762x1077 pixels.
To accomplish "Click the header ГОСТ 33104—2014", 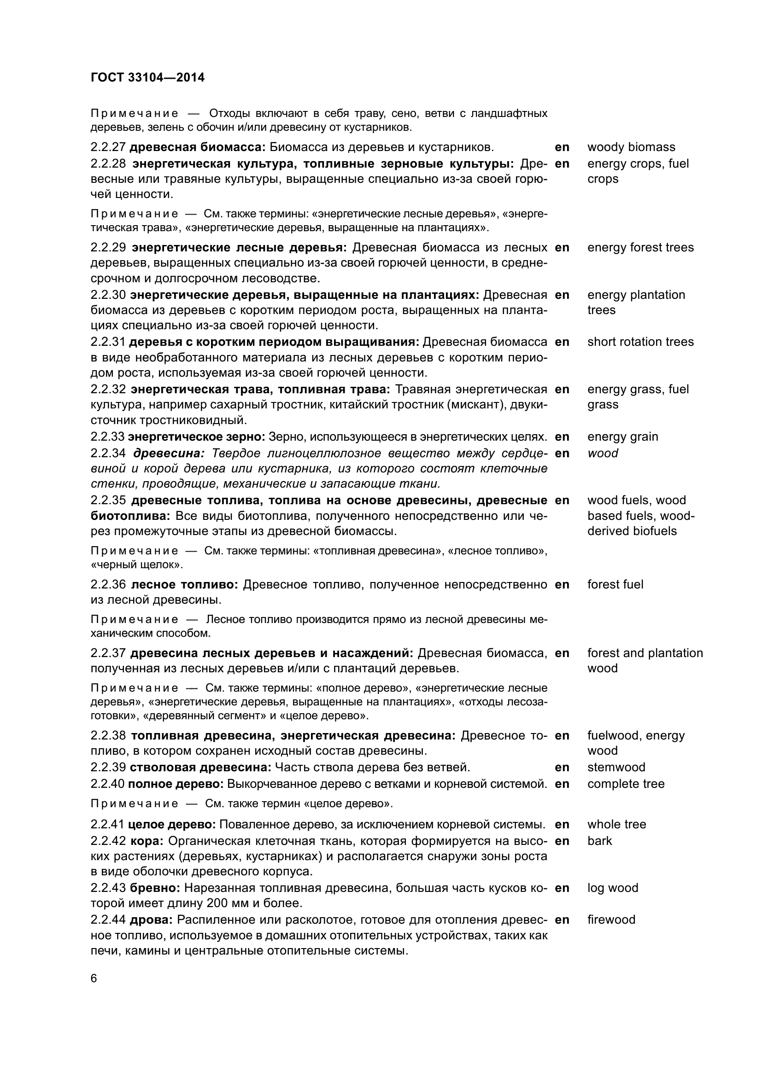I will pos(148,77).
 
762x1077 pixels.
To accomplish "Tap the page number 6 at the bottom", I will pos(94,979).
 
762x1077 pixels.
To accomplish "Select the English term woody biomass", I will pos(631,147).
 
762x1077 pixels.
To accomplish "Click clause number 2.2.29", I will pos(108,248).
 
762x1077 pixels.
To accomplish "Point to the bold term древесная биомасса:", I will pos(198,147).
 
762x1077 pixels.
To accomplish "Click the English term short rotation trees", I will pos(640,342).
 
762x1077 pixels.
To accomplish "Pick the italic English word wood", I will pos(603,453).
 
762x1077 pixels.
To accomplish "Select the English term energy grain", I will pos(623,437).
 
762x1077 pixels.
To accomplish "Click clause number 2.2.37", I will pos(108,653).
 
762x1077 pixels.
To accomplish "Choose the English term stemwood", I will pos(616,768).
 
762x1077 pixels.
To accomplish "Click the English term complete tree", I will pos(626,784).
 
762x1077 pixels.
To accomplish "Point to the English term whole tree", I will pos(616,824).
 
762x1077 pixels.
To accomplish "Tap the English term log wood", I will pos(613,888).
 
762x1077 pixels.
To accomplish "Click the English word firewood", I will pos(611,920).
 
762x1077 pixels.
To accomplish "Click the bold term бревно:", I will pos(155,888).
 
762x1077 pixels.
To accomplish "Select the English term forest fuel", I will pos(615,584).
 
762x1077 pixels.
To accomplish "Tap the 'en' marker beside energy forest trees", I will pos(562,248).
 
